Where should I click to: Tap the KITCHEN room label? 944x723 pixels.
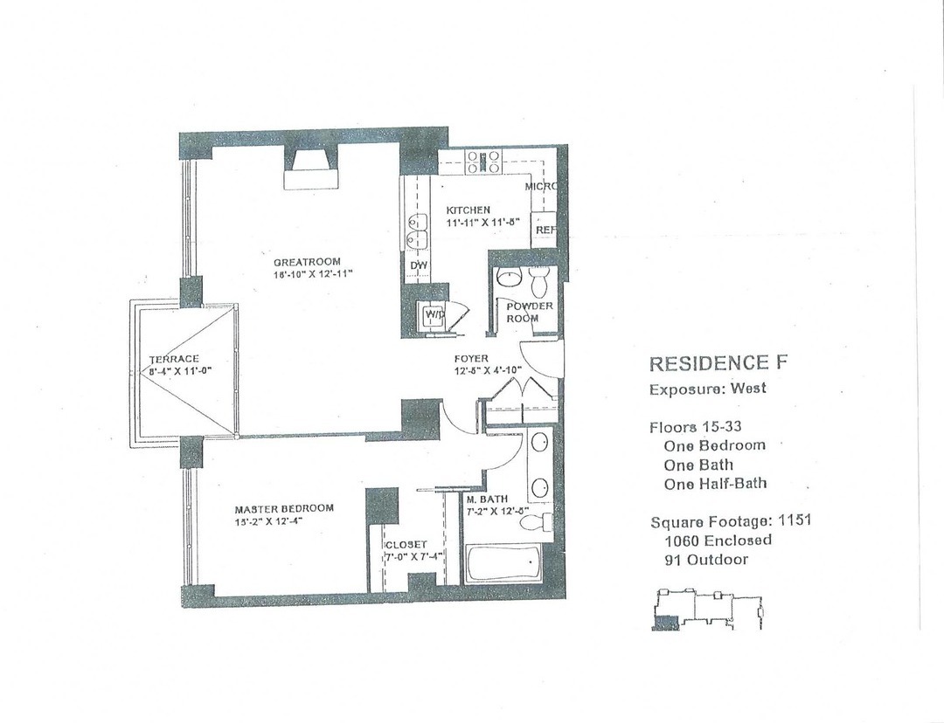(469, 211)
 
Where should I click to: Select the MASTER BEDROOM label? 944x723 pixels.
(283, 509)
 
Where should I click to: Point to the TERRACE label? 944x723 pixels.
(174, 359)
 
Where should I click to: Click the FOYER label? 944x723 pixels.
(470, 359)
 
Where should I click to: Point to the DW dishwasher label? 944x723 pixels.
(418, 265)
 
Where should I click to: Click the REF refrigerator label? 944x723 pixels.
(545, 230)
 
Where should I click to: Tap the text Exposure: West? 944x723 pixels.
(707, 389)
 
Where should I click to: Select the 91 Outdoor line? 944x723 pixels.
(706, 560)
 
